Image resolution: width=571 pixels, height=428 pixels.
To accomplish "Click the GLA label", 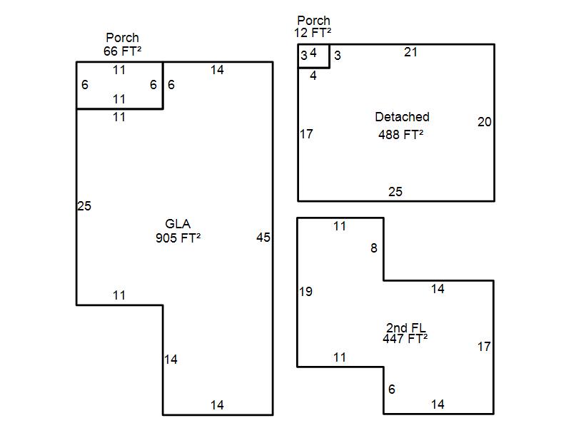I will pyautogui.click(x=178, y=224).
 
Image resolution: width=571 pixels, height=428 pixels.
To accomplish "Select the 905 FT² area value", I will pyautogui.click(x=178, y=238).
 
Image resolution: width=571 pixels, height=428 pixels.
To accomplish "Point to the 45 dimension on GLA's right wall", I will pyautogui.click(x=263, y=238).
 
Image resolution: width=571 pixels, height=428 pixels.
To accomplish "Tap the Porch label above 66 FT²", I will pyautogui.click(x=122, y=38).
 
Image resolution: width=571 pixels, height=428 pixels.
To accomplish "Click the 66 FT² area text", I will pyautogui.click(x=122, y=51).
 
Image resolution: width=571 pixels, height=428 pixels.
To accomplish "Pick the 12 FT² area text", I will pyautogui.click(x=312, y=33).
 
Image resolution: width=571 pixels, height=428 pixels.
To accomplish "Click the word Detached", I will pyautogui.click(x=402, y=117).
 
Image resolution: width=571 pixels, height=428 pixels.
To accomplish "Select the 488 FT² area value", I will pyautogui.click(x=400, y=133).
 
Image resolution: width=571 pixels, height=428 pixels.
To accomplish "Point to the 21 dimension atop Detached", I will pyautogui.click(x=410, y=52).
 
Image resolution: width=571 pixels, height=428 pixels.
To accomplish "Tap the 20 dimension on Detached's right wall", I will pyautogui.click(x=485, y=122).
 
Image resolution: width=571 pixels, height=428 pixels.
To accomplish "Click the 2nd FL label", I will pyautogui.click(x=406, y=328).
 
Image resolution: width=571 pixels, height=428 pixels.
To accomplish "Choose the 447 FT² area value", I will pyautogui.click(x=405, y=340).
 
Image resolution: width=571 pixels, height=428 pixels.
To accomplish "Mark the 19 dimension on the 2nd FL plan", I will pyautogui.click(x=305, y=292).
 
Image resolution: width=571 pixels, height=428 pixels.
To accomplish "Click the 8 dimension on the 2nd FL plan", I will pyautogui.click(x=373, y=249).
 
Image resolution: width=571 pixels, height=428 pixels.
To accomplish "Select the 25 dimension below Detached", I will pyautogui.click(x=395, y=192).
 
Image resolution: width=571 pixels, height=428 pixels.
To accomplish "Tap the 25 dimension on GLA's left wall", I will pyautogui.click(x=84, y=206).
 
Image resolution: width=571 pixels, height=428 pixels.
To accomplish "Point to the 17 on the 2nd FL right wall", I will pyautogui.click(x=484, y=347).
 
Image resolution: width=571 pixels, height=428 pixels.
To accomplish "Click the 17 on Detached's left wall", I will pyautogui.click(x=306, y=134).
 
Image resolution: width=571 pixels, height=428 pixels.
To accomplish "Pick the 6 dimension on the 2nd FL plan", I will pyautogui.click(x=391, y=389).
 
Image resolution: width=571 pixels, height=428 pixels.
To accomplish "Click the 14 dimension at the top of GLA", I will pyautogui.click(x=217, y=70).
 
